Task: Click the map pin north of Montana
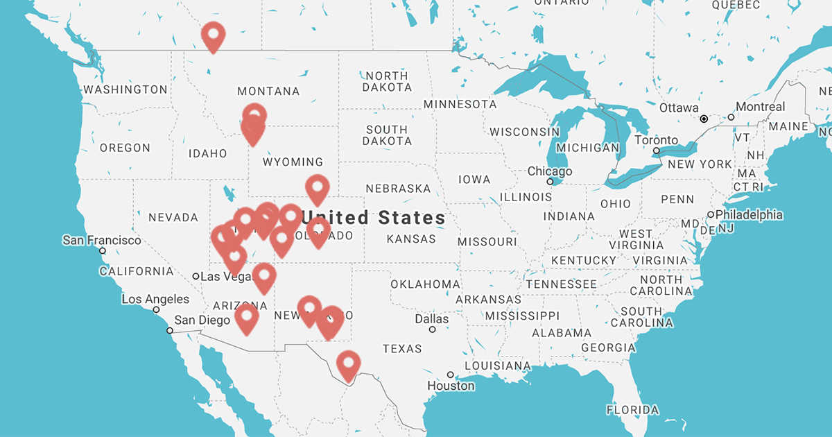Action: point(213,36)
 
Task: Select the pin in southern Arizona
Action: point(247,319)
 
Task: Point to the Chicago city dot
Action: point(551,182)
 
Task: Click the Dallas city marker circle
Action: point(433,329)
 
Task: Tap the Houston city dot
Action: point(451,375)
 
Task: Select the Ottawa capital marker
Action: point(704,119)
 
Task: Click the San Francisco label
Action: point(101,240)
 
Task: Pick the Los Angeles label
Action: point(155,299)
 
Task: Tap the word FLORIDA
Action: point(632,410)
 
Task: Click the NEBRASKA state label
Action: point(398,189)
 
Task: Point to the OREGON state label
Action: point(125,148)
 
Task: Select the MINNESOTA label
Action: point(460,104)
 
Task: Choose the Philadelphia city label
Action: point(749,215)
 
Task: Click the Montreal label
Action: point(761,107)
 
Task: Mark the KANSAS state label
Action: point(411,239)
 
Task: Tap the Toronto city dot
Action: point(656,151)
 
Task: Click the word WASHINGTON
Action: point(125,89)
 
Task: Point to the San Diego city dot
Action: point(170,331)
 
